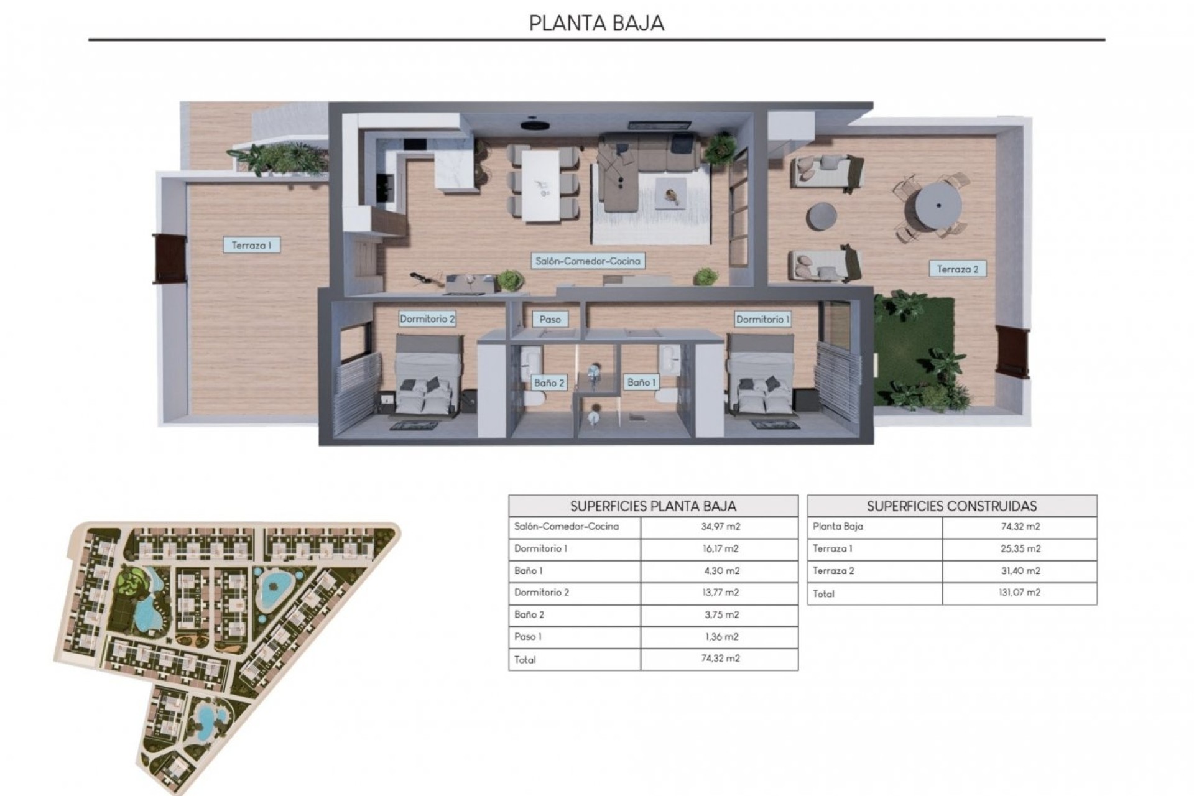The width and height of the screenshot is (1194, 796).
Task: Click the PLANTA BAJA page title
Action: [x=596, y=23]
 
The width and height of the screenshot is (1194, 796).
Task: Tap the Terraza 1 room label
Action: [x=251, y=245]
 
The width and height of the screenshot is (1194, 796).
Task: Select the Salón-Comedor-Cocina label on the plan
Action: [x=588, y=261]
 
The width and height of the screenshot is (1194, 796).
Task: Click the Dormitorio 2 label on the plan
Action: [x=427, y=319]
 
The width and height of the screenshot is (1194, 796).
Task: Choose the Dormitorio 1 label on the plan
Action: [x=763, y=319]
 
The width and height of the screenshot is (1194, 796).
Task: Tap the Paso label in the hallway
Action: [x=550, y=319]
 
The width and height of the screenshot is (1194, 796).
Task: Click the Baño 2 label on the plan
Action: [x=549, y=382]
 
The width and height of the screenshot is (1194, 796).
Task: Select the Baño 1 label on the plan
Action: [x=641, y=382]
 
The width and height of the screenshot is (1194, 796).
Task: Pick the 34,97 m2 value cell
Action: [x=720, y=527]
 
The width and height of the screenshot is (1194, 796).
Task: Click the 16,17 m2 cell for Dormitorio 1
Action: [x=720, y=548]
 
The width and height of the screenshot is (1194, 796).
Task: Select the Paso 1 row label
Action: [x=528, y=636]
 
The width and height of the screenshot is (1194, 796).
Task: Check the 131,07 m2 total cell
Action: [x=1020, y=593]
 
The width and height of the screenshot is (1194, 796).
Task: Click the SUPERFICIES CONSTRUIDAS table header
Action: [x=952, y=506]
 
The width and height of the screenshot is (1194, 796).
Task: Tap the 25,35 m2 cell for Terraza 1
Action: [x=1020, y=548]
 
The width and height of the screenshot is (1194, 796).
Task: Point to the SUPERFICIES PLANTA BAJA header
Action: [x=653, y=506]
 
